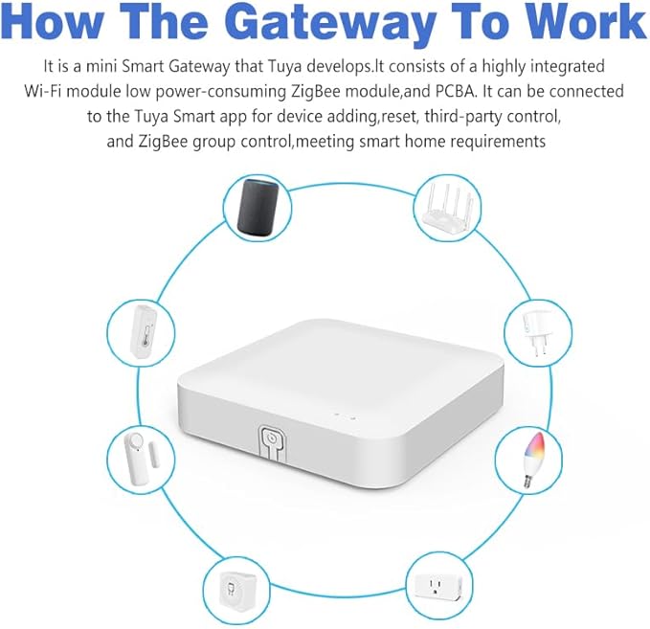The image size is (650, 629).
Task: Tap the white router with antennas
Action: (451, 207)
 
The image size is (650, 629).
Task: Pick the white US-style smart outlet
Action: (439, 584)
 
